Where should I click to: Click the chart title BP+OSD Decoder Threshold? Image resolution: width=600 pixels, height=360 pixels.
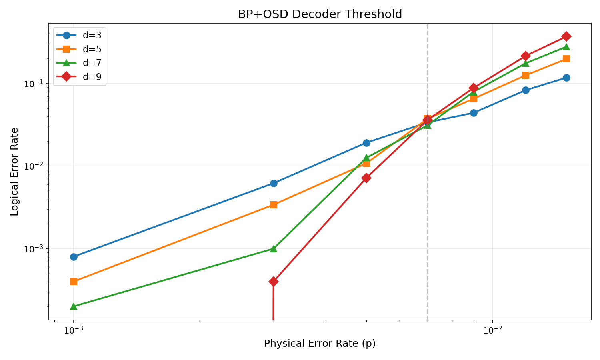click(x=320, y=14)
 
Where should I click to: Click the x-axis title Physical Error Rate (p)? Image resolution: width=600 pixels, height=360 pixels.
click(x=320, y=344)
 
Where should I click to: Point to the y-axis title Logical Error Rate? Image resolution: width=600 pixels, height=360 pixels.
click(x=15, y=172)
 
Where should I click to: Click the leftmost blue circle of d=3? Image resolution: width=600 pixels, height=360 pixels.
click(x=74, y=257)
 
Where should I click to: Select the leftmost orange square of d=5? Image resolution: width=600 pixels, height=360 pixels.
click(x=74, y=282)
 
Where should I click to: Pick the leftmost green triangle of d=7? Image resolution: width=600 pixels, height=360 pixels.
click(x=74, y=306)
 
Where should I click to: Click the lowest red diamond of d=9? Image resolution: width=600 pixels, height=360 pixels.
click(x=274, y=282)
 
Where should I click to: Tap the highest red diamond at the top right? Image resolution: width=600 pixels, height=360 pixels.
click(x=566, y=36)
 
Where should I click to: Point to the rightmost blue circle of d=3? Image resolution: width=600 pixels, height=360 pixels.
click(x=566, y=78)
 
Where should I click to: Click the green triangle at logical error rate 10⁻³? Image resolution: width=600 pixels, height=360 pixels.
click(x=274, y=249)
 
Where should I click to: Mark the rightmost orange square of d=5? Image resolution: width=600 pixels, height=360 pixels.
click(x=566, y=59)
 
